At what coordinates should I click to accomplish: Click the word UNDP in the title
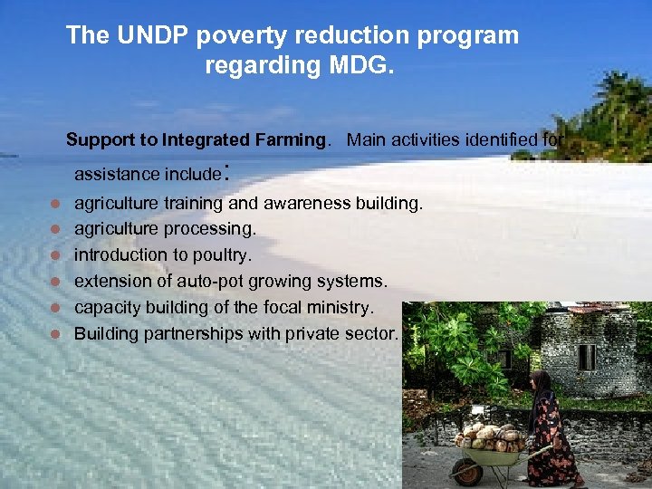click(x=149, y=35)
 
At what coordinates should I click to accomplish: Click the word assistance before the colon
click(x=113, y=174)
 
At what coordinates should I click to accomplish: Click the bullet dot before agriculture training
click(x=55, y=203)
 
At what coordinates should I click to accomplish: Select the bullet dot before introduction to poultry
click(x=55, y=255)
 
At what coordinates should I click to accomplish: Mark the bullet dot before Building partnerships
click(x=55, y=334)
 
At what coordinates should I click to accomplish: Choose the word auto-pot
click(x=213, y=282)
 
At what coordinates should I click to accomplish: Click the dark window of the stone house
click(x=587, y=357)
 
